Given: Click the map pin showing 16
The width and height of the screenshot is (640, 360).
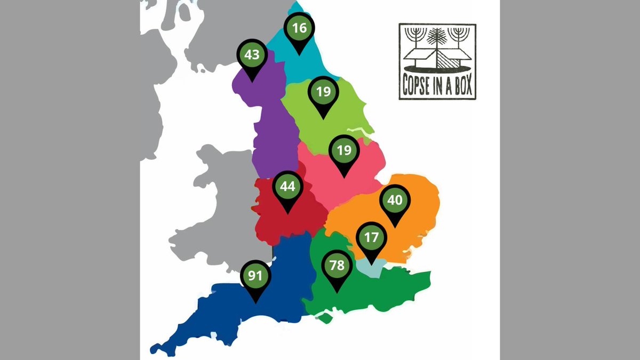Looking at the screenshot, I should pyautogui.click(x=300, y=28).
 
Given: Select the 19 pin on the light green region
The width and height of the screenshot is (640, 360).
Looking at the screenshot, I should pyautogui.click(x=323, y=92).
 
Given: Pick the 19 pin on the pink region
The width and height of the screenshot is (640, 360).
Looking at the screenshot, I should pyautogui.click(x=345, y=151).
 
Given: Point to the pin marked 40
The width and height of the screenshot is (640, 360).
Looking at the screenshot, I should pyautogui.click(x=395, y=201).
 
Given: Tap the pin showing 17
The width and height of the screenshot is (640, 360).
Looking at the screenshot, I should pyautogui.click(x=371, y=237).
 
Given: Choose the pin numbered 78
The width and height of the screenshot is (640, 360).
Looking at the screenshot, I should pyautogui.click(x=337, y=265).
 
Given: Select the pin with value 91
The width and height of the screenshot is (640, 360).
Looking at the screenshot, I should pyautogui.click(x=255, y=276).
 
